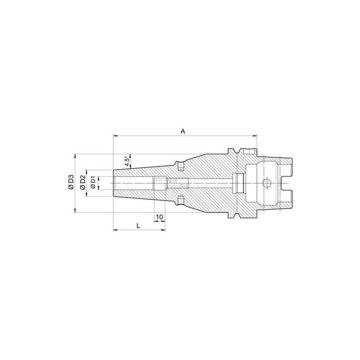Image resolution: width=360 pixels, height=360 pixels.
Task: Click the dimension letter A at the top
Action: (x=183, y=131)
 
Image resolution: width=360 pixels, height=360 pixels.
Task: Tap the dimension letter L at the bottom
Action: (x=139, y=226)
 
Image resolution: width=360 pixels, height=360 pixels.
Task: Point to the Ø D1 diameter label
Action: (x=93, y=184)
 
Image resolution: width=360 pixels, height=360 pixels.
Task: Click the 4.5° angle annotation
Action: (x=127, y=160)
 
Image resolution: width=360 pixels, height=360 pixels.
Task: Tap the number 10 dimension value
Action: (x=159, y=217)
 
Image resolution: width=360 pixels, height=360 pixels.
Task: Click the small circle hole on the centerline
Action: (x=266, y=184)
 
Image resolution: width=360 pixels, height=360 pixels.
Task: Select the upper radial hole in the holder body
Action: (x=180, y=167)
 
